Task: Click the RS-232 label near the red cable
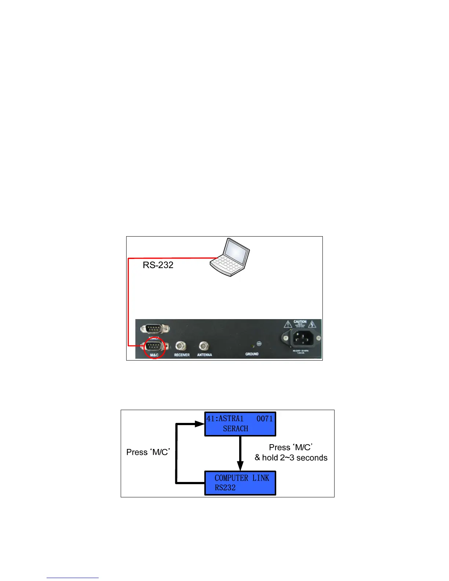pos(158,265)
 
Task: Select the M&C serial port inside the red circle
pos(154,346)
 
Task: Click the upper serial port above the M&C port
pos(154,328)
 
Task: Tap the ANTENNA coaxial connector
pos(204,346)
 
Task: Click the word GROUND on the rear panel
pos(252,354)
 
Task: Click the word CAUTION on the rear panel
pos(300,322)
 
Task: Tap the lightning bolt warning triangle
pos(312,325)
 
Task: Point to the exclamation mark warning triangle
pos(288,325)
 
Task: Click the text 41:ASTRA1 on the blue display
pos(225,419)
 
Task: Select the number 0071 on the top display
pos(264,419)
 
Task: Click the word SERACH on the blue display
pos(236,428)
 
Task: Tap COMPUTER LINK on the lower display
pos(242,478)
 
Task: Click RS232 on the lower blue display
pos(225,487)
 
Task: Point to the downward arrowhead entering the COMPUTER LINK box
pos(240,467)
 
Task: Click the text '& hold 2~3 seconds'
pos(291,458)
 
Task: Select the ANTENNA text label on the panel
pos(204,355)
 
